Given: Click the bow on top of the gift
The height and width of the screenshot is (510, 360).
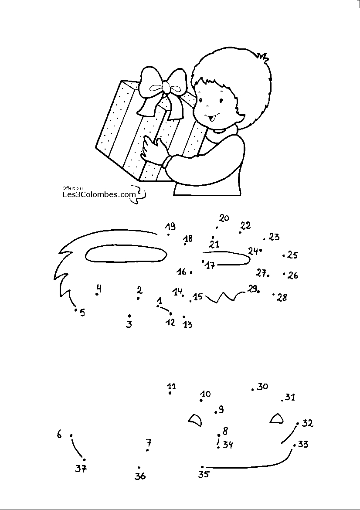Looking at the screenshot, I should (165, 87).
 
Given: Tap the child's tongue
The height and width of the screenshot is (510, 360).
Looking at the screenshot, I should (214, 117).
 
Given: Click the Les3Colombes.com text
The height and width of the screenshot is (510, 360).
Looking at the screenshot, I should (98, 194).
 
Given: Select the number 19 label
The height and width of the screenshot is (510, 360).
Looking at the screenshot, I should (170, 226).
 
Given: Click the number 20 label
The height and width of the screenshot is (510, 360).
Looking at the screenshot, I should (224, 218).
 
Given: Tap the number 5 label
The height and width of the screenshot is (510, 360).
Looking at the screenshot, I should (82, 313).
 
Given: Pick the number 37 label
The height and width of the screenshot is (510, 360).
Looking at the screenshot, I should (81, 469).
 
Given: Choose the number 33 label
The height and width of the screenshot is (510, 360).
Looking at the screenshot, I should (303, 445).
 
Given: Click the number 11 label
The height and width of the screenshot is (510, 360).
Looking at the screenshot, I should (171, 386).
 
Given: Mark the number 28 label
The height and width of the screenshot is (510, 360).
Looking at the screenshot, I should (282, 298).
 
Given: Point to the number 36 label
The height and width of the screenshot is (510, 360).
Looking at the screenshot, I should (140, 476).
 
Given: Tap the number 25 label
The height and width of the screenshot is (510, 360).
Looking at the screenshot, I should (293, 255).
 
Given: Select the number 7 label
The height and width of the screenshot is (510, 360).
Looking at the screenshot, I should (149, 442).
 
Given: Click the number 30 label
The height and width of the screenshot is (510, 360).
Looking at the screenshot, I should (262, 387).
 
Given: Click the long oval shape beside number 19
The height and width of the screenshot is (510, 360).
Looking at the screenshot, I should (126, 254).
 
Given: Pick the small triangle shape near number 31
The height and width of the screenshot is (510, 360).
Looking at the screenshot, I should (276, 419).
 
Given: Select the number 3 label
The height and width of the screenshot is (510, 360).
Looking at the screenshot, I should (129, 324).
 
